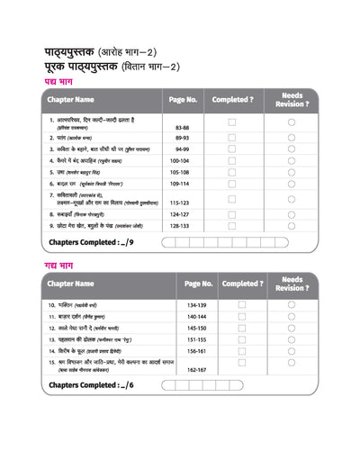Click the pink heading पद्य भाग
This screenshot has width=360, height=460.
click(61, 82)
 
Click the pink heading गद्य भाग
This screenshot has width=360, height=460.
click(61, 266)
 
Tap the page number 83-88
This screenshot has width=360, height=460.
click(182, 129)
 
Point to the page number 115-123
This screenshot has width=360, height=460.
click(182, 203)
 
